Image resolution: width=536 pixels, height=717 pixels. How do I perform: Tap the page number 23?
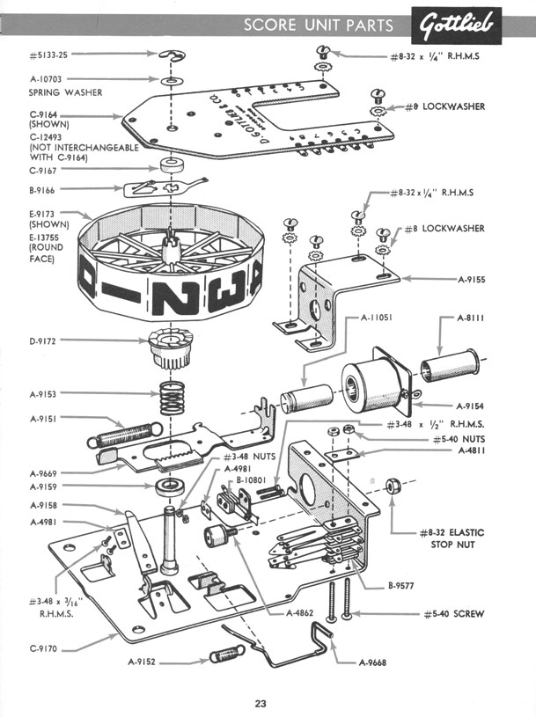[261, 702]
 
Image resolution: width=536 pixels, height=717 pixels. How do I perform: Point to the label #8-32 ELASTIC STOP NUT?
[452, 538]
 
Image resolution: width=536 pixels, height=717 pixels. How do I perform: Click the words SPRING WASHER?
[65, 91]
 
